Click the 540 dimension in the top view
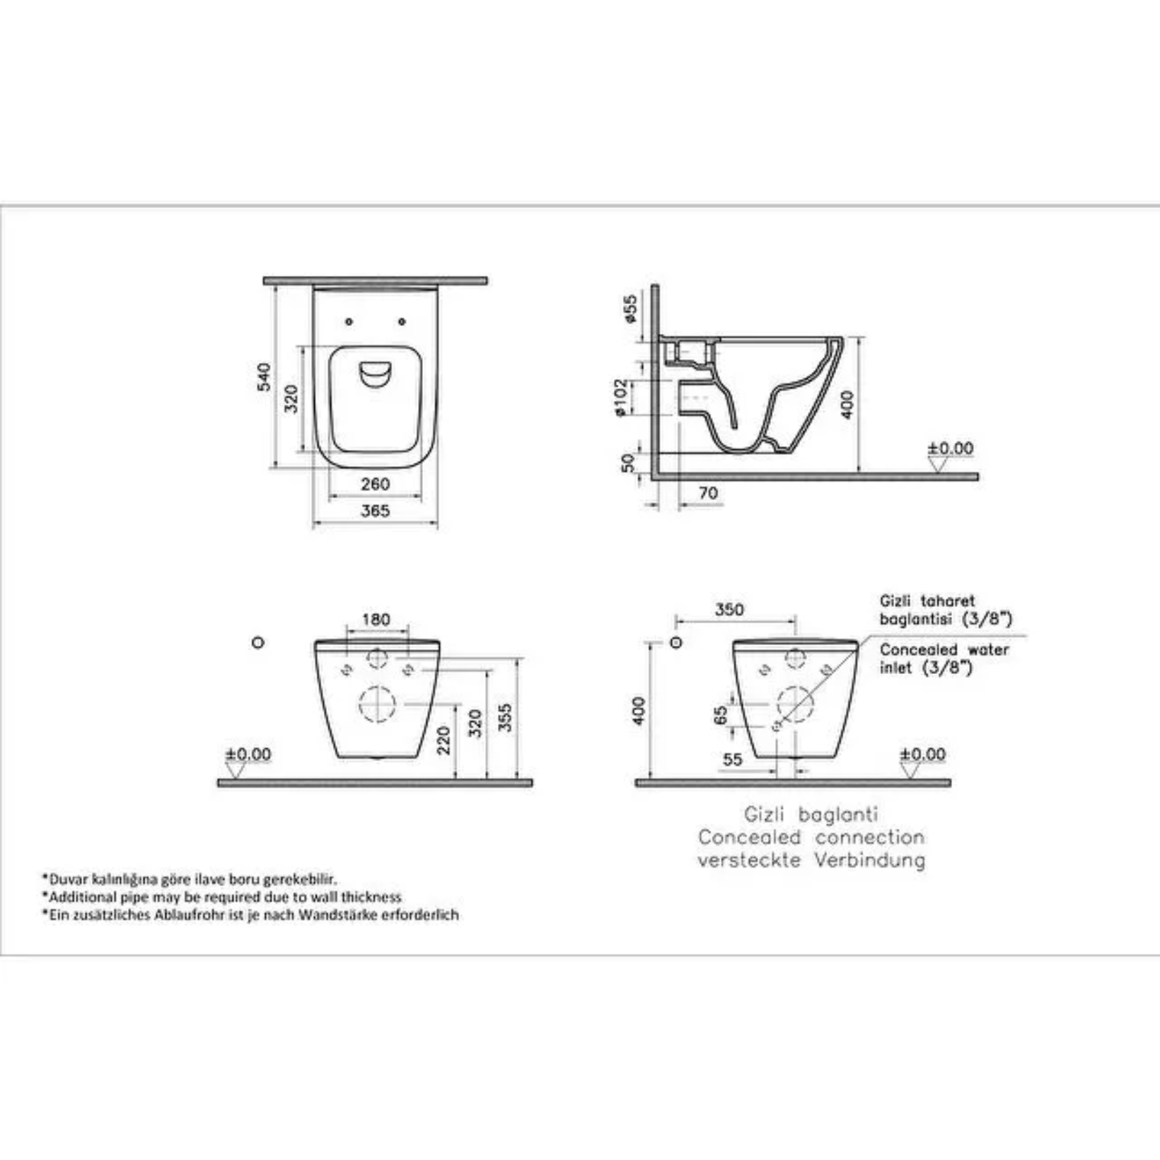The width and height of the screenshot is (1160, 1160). pyautogui.click(x=264, y=377)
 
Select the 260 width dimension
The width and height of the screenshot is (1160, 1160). pyautogui.click(x=375, y=485)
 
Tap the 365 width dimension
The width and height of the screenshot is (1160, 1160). pyautogui.click(x=375, y=511)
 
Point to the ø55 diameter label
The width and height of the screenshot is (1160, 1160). pyautogui.click(x=629, y=309)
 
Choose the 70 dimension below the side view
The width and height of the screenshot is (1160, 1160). pyautogui.click(x=708, y=493)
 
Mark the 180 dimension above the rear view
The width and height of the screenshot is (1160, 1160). pyautogui.click(x=376, y=620)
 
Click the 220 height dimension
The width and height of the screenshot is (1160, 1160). pyautogui.click(x=443, y=741)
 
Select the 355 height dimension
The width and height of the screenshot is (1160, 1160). pyautogui.click(x=505, y=718)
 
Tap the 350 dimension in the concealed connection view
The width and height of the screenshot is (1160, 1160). pyautogui.click(x=729, y=610)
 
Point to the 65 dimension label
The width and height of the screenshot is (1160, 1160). pyautogui.click(x=721, y=715)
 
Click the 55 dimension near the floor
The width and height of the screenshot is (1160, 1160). pyautogui.click(x=733, y=760)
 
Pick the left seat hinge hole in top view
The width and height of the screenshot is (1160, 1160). pyautogui.click(x=349, y=322)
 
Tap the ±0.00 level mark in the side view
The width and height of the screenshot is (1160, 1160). pyautogui.click(x=950, y=448)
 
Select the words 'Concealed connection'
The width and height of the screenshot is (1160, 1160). pyautogui.click(x=811, y=837)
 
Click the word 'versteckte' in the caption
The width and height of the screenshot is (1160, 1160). pyautogui.click(x=749, y=861)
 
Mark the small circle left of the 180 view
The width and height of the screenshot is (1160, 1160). pyautogui.click(x=258, y=642)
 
